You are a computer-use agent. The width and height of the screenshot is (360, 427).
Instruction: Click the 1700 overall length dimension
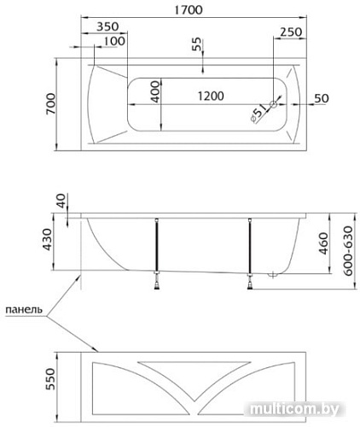pos(189,10)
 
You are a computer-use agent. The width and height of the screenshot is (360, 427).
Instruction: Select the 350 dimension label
pos(107,26)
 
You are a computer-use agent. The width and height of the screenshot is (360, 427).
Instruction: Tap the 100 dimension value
pos(114,41)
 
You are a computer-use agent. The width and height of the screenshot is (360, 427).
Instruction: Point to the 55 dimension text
pos(196,44)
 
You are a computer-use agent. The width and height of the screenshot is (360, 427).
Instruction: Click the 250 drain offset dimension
pos(291,32)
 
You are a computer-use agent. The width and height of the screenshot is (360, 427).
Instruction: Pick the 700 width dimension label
pos(51,104)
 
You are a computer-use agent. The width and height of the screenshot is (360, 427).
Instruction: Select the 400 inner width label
pos(155,91)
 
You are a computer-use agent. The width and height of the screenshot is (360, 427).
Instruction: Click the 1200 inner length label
pos(211,96)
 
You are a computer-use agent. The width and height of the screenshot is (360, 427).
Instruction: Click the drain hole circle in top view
pos(274,104)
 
